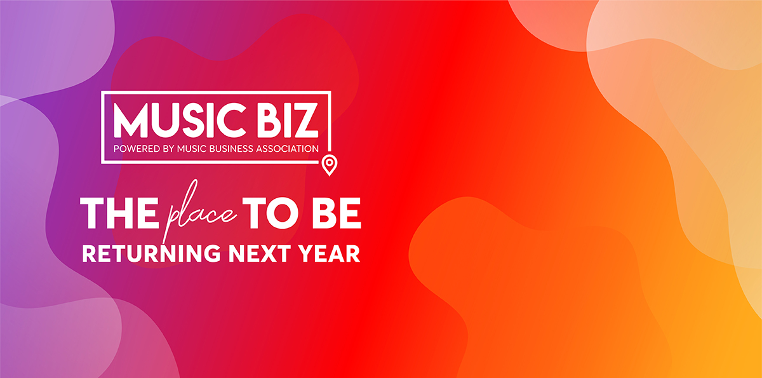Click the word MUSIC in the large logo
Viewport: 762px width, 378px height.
(x=180, y=120)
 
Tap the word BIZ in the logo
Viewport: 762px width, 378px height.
(x=288, y=120)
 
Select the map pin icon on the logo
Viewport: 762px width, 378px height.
(x=330, y=165)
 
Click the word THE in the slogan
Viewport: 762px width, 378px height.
(x=119, y=213)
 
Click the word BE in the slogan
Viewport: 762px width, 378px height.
(x=336, y=213)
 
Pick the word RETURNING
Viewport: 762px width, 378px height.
(x=151, y=253)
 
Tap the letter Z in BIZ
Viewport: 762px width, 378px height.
(x=304, y=120)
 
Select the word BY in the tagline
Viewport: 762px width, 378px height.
(x=169, y=149)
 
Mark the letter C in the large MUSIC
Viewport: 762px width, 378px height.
(x=231, y=120)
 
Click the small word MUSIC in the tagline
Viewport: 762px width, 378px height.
(x=192, y=149)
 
